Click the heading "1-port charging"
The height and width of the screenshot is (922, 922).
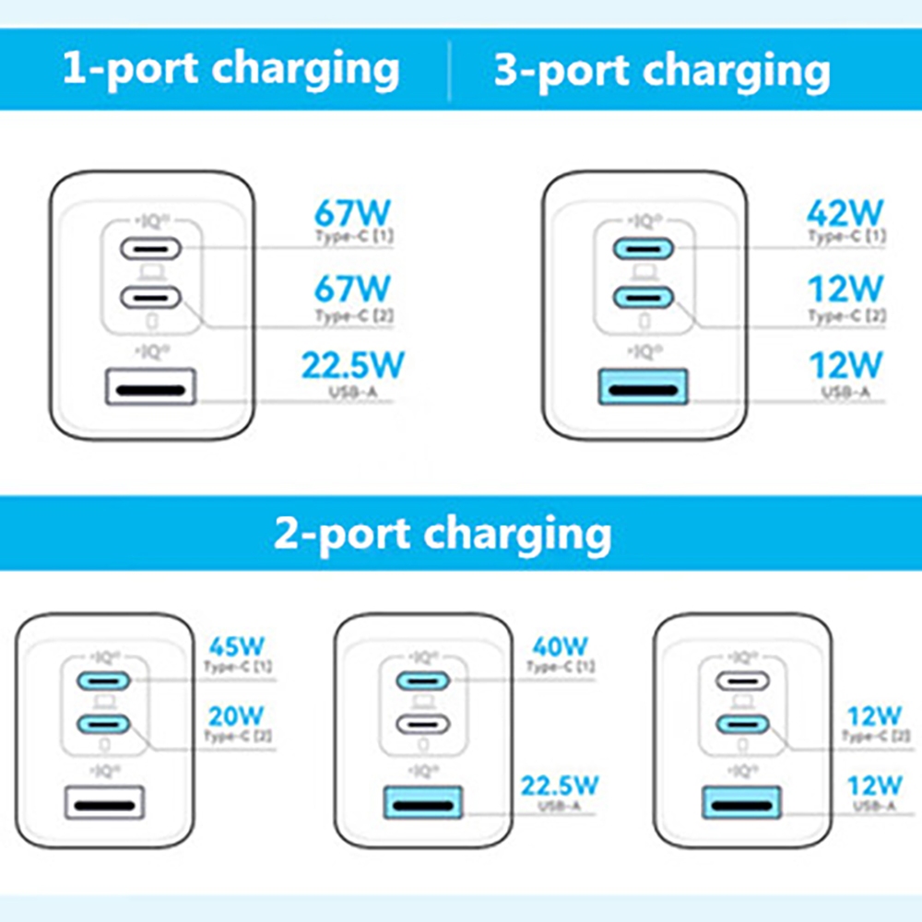point(230,69)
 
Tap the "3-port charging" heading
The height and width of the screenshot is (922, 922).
point(661,71)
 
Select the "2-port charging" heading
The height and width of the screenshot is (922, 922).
point(442,533)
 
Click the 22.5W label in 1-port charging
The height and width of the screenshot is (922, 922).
point(352,365)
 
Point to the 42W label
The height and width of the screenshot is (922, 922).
point(845,213)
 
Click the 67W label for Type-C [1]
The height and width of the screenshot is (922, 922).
point(352,213)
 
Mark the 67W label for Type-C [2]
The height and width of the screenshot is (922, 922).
point(352,289)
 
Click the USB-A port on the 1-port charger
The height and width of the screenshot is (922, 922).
point(154,386)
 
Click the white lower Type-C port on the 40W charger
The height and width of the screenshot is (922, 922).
point(422,724)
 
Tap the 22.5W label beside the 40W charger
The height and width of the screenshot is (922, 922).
point(560,786)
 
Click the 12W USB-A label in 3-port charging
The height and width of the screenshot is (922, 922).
point(845,365)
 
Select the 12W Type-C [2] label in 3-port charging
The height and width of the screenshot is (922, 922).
point(845,290)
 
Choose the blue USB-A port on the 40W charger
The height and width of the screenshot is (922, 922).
point(422,802)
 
